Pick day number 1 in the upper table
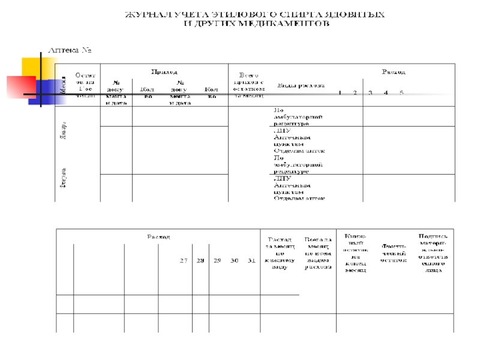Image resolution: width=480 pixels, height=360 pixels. [340, 93]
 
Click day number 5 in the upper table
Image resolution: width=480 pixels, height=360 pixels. [401, 93]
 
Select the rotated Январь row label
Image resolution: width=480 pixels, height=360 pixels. [62, 129]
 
